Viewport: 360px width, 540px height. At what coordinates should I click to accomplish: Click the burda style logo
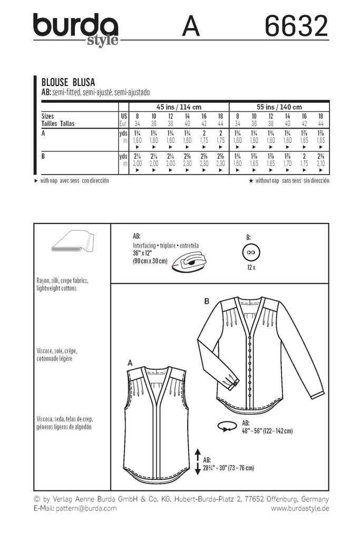[x=76, y=29]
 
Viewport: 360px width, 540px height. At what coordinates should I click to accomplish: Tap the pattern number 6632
[x=296, y=26]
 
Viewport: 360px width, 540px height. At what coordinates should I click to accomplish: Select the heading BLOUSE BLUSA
[x=68, y=82]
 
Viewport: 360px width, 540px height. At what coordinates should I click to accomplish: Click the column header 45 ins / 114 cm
[x=179, y=107]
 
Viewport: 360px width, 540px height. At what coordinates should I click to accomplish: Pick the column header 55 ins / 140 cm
[x=279, y=107]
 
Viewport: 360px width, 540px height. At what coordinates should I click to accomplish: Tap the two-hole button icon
[x=251, y=253]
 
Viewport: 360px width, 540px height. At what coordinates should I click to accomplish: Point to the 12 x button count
[x=251, y=267]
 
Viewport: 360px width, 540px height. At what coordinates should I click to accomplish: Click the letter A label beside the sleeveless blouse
[x=130, y=363]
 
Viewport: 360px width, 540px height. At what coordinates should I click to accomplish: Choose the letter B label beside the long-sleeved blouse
[x=207, y=301]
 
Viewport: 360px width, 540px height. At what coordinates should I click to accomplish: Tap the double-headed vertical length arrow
[x=198, y=461]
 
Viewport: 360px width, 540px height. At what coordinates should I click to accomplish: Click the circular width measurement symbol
[x=227, y=426]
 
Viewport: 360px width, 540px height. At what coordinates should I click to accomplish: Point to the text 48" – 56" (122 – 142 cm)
[x=267, y=431]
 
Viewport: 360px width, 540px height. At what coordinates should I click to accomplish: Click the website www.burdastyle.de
[x=300, y=508]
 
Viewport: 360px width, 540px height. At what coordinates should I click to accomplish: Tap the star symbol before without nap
[x=251, y=180]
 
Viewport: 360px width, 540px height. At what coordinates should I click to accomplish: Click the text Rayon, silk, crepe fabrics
[x=62, y=281]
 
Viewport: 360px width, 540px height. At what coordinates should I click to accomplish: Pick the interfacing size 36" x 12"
[x=142, y=253]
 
